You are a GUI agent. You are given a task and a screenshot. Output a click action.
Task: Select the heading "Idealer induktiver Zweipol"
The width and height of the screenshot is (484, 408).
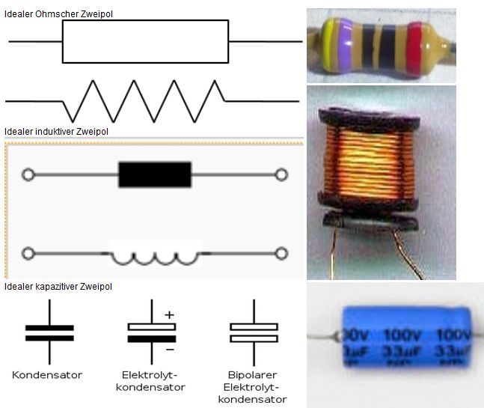(x=56, y=132)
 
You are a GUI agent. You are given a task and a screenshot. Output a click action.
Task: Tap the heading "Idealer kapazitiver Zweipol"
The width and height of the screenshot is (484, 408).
(x=58, y=287)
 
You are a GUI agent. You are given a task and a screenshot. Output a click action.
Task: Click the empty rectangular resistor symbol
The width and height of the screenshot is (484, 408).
(x=145, y=41)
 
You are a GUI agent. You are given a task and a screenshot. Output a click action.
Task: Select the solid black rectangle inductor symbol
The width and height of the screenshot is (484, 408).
(x=155, y=174)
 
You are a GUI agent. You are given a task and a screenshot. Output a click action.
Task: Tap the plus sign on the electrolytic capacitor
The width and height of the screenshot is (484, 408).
(x=169, y=315)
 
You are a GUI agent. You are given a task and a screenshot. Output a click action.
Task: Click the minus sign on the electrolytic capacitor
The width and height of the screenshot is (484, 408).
(x=170, y=349)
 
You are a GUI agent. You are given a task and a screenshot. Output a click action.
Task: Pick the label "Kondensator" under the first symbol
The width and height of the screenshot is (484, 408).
(x=47, y=374)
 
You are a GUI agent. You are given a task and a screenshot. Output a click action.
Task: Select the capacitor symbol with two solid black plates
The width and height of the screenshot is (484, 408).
(x=49, y=332)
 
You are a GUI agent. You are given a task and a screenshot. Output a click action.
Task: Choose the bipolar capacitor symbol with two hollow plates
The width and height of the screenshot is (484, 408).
(x=254, y=332)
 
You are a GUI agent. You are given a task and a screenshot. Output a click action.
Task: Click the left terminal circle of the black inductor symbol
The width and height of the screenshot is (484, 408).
(x=28, y=175)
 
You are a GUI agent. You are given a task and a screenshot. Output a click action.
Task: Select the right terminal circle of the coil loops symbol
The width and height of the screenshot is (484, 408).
(x=282, y=254)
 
